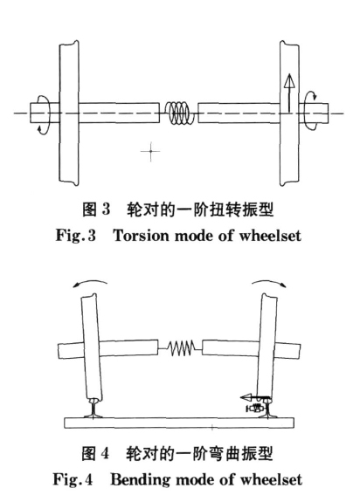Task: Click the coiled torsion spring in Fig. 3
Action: coord(179,113)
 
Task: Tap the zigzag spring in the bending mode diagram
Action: coord(181,348)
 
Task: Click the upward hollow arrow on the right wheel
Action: coord(289,93)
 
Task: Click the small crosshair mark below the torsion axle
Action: coord(150,151)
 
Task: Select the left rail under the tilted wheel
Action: coord(93,409)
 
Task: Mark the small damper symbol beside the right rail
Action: coord(254,409)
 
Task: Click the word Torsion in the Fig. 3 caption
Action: coord(142,236)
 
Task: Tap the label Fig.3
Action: coord(76,236)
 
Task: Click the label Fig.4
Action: coord(73,479)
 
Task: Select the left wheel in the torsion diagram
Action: coord(69,113)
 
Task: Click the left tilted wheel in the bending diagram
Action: coord(91,347)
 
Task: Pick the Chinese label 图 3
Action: coord(96,210)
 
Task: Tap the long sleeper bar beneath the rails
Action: coord(179,423)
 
